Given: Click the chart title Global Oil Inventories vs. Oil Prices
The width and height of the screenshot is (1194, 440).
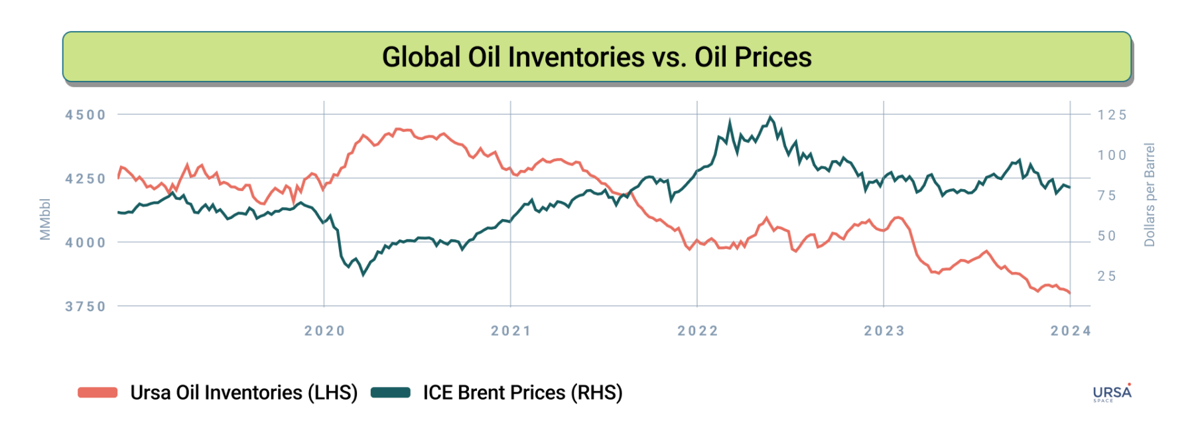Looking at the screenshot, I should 596,57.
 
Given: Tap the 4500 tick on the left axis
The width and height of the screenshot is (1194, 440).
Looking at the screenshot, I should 86,115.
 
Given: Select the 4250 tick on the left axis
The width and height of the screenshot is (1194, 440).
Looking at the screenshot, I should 86,179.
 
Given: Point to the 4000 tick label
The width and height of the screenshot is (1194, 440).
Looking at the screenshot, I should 86,243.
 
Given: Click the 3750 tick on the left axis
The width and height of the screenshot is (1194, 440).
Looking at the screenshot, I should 86,307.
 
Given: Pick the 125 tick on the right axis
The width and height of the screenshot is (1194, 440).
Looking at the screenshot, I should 1112,115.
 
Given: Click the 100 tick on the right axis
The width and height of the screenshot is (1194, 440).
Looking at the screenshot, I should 1112,155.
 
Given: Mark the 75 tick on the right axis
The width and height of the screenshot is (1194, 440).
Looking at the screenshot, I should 1106,196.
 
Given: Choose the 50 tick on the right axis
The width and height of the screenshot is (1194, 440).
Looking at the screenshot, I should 1106,236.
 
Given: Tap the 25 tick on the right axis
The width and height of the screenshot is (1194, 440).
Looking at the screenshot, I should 1106,276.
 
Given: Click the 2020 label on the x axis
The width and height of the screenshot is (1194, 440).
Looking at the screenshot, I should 324,331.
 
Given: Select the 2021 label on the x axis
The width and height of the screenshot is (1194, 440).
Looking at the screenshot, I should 511,331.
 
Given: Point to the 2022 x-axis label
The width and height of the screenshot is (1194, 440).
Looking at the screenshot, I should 697,331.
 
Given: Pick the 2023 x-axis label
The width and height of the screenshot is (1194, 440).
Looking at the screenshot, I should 884,331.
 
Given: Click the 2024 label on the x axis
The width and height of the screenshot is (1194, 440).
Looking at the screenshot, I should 1070,331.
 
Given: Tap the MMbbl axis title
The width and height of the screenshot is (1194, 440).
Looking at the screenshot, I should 45,219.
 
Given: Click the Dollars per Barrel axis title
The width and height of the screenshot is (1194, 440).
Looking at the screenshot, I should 1150,194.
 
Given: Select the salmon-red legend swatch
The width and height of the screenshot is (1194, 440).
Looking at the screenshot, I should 98,393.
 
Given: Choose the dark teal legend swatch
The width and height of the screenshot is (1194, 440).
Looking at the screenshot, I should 390,393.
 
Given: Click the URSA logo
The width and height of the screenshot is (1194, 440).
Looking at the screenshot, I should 1112,393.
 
